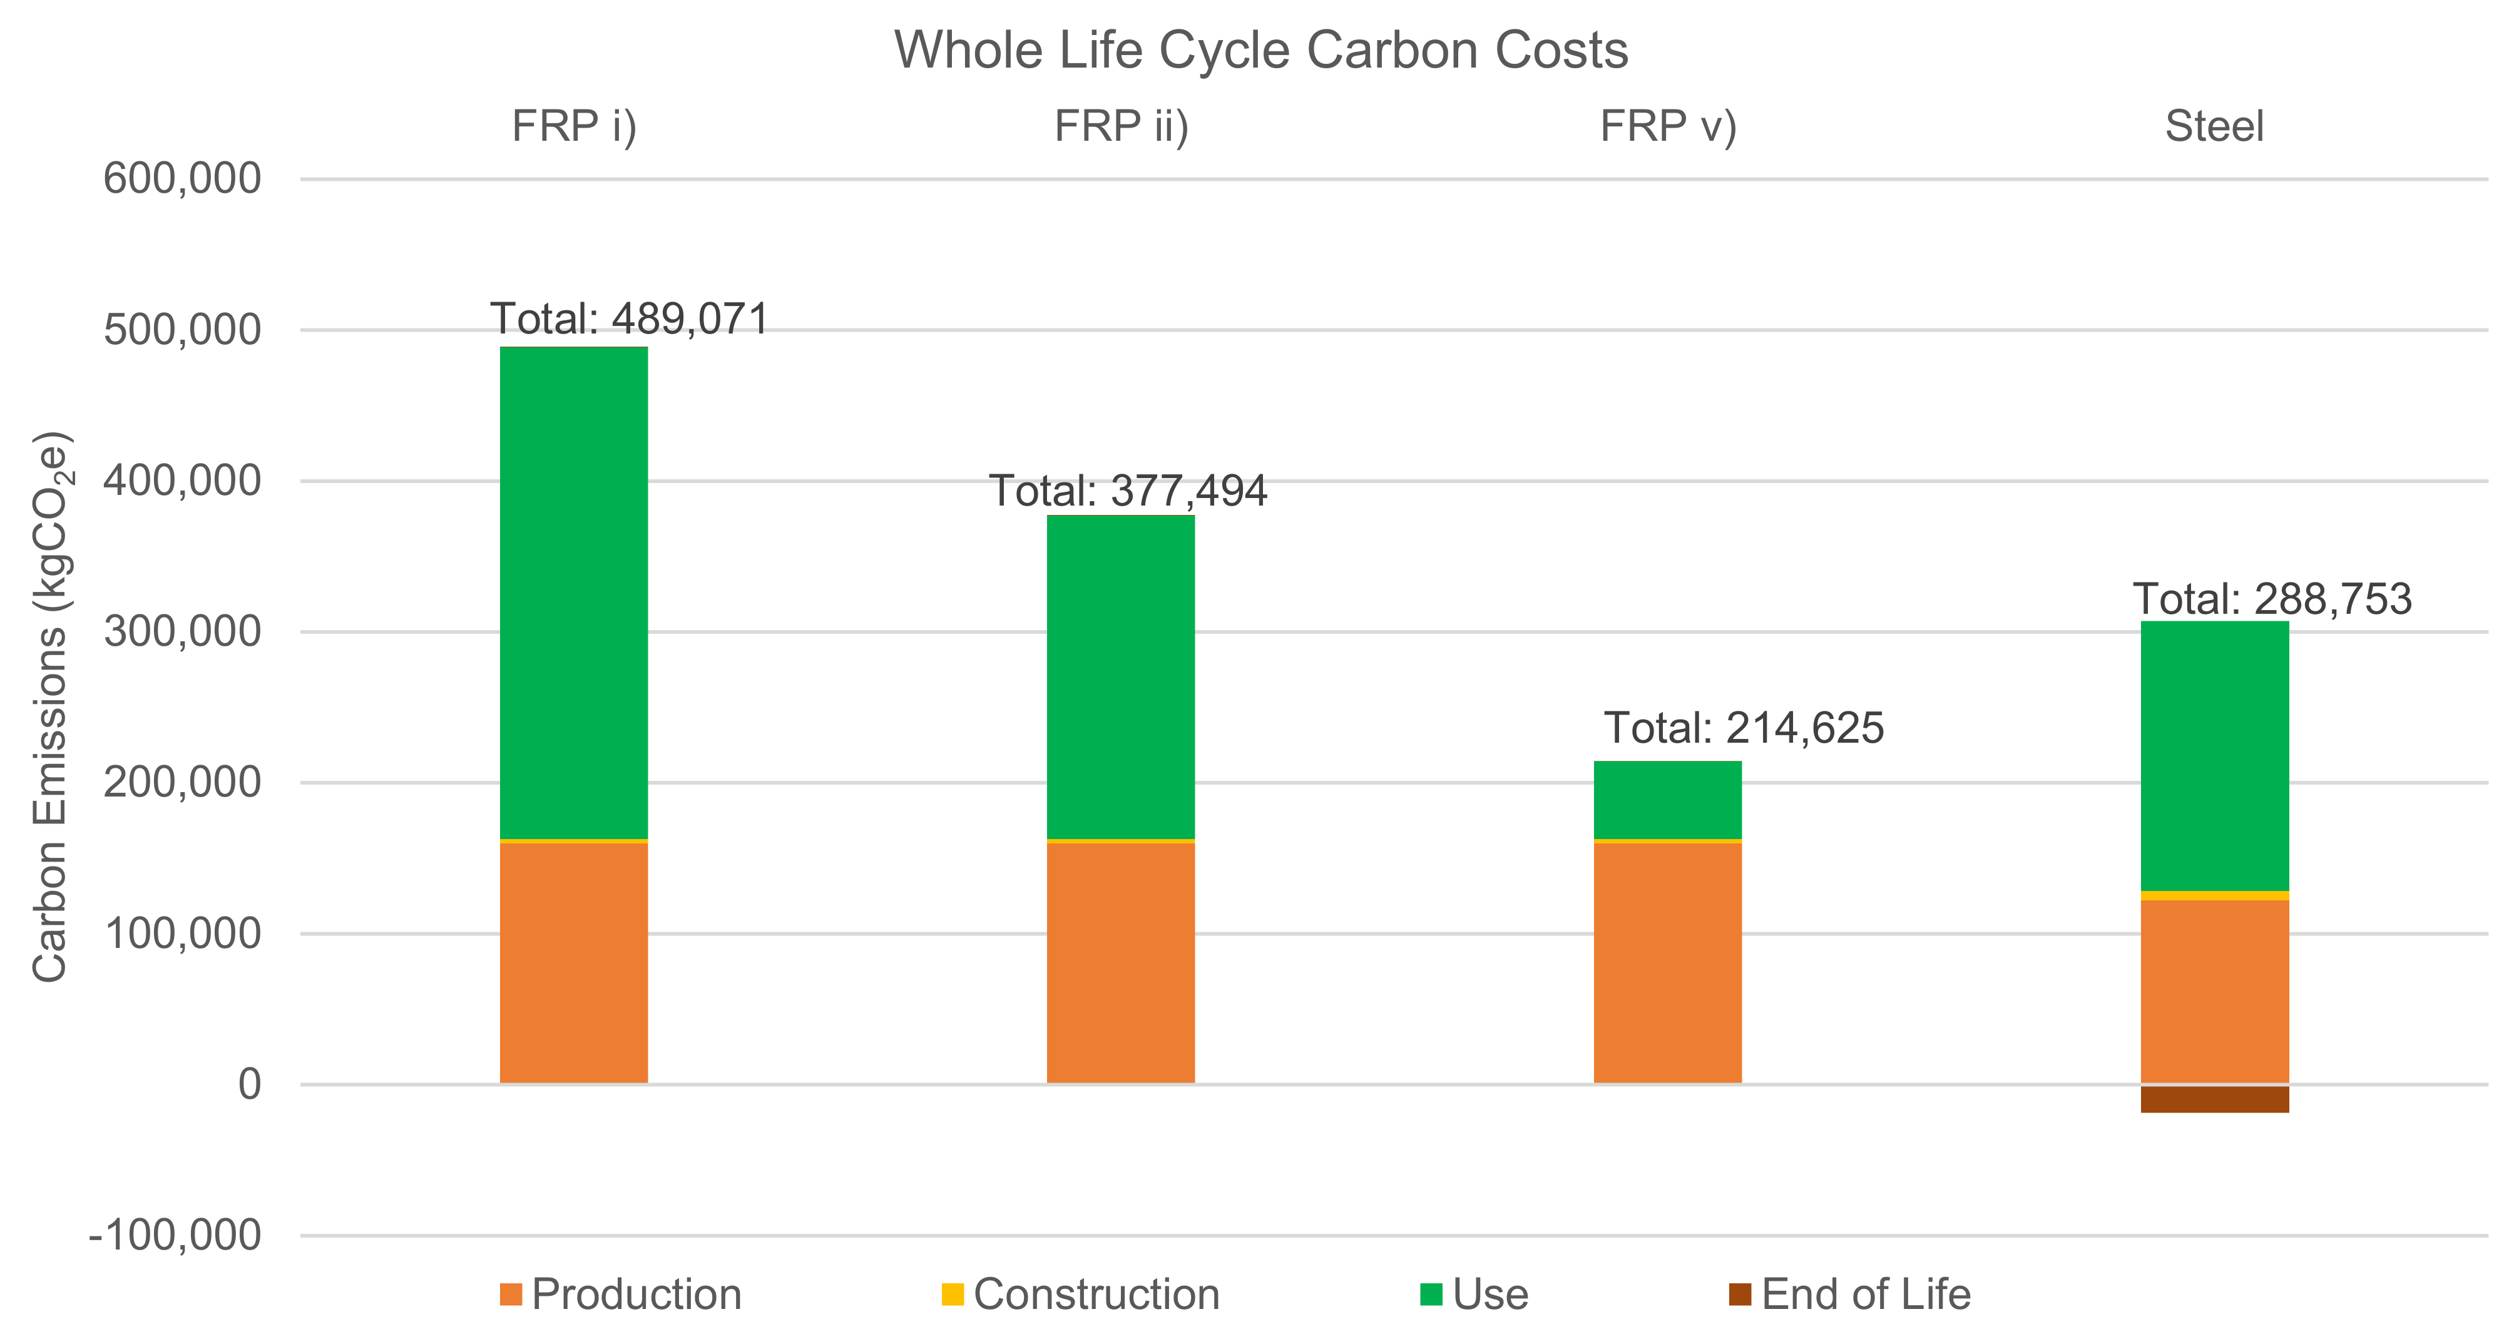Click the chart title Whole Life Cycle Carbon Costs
tap(1260, 51)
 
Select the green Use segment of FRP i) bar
tap(574, 592)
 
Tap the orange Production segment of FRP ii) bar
tap(1120, 962)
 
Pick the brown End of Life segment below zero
tap(2214, 1099)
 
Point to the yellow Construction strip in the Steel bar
tap(2214, 895)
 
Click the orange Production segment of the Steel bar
tap(2214, 990)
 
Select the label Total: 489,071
tap(629, 319)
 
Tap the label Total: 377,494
tap(1128, 491)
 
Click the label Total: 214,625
tap(1744, 728)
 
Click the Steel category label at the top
tap(2214, 126)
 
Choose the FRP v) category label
tap(1667, 126)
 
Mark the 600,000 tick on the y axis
tap(182, 179)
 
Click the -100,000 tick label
tap(175, 1236)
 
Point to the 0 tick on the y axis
tap(249, 1084)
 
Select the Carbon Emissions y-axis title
tap(51, 706)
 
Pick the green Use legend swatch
tap(1431, 1294)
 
